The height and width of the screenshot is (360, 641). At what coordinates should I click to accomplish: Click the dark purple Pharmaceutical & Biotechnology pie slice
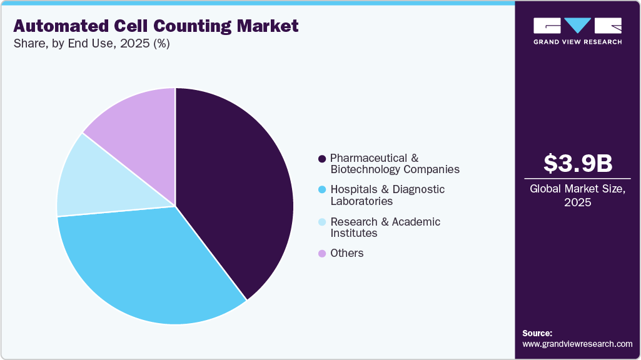click(x=238, y=187)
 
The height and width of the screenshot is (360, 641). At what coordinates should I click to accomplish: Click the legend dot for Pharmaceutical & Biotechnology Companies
click(x=322, y=159)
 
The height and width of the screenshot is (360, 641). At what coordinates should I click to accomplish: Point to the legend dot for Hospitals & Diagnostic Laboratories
click(x=322, y=189)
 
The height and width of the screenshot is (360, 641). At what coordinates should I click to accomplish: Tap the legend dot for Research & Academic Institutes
click(x=322, y=222)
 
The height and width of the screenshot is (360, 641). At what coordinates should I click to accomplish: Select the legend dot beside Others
click(x=322, y=253)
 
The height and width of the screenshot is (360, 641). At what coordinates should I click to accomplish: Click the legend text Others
click(x=347, y=253)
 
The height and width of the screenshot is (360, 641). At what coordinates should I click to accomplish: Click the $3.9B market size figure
click(x=578, y=163)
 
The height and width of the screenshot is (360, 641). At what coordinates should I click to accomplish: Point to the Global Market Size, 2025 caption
click(x=578, y=195)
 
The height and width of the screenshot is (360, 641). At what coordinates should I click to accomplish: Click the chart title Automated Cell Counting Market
click(x=156, y=26)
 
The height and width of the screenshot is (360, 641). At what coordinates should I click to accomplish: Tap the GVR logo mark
click(x=577, y=26)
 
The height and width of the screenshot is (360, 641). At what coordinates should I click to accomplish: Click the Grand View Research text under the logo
click(x=577, y=42)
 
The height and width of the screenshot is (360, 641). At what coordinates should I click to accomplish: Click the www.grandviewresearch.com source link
click(x=577, y=344)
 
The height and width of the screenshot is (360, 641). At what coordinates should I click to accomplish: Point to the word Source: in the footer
click(x=537, y=333)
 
